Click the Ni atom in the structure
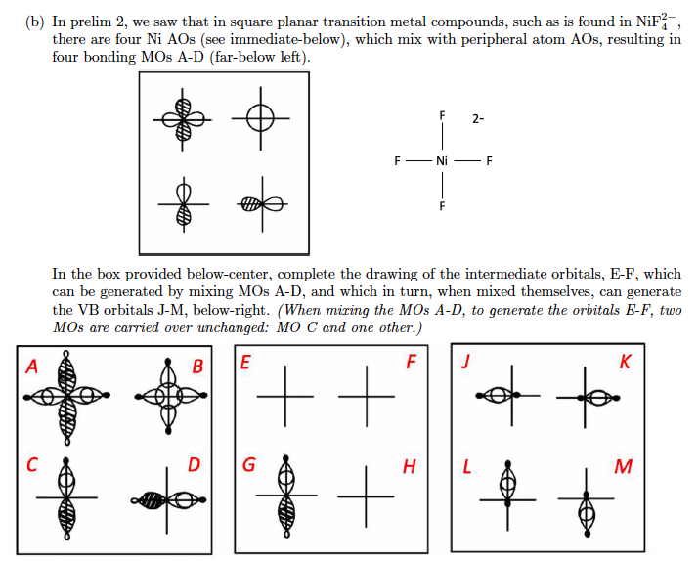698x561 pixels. (442, 160)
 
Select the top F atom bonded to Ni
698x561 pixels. (442, 116)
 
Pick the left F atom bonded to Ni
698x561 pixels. (396, 160)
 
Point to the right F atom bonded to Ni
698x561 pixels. (489, 160)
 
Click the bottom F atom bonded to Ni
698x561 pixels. (442, 207)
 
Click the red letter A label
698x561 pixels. (31, 368)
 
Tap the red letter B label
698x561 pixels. (196, 368)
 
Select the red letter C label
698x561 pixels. (31, 465)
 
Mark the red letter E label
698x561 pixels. (244, 361)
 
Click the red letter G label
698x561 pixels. (248, 465)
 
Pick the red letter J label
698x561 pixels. (467, 362)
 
